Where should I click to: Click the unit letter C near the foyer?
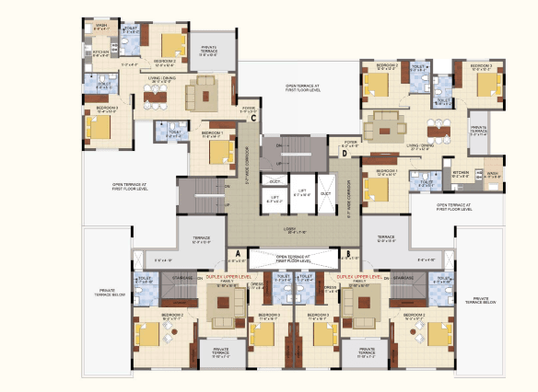tap(252, 117)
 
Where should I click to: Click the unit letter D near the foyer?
tap(345, 154)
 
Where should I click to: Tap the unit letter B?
tap(347, 253)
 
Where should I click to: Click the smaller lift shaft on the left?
tap(274, 196)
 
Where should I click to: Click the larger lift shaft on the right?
tap(300, 194)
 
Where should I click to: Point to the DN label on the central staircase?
tap(280, 144)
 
